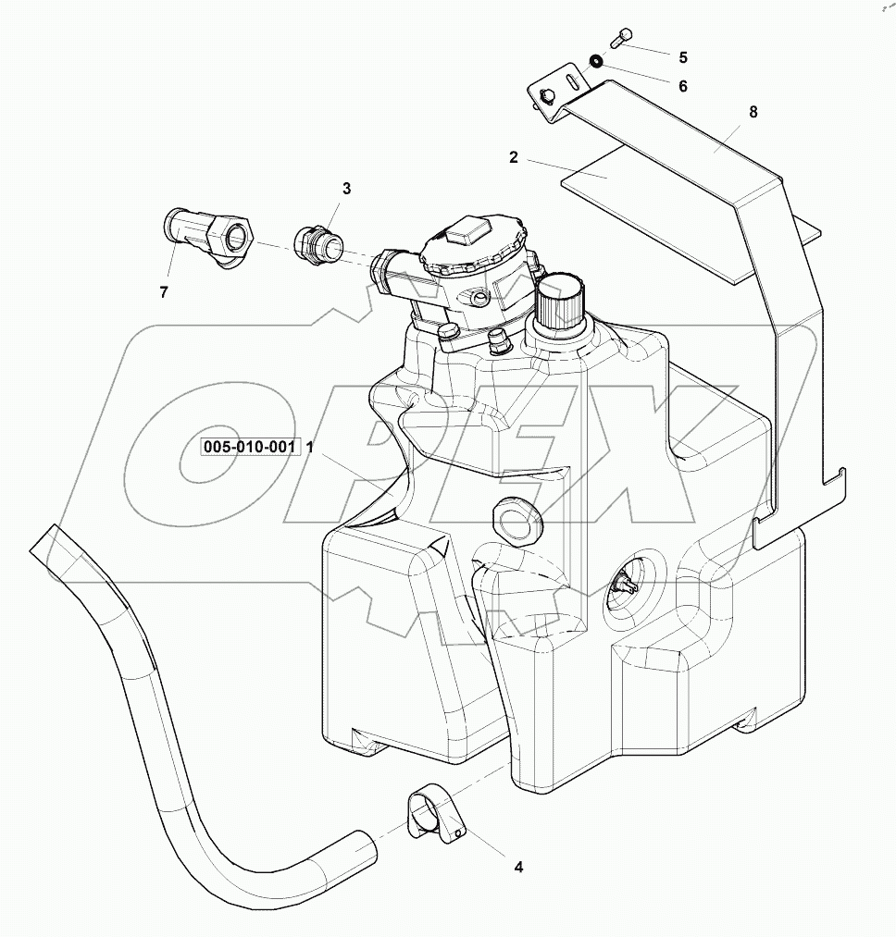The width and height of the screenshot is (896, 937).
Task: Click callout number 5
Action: click(683, 57)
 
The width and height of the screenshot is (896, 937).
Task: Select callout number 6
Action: click(683, 86)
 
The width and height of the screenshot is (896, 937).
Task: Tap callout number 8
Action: click(753, 112)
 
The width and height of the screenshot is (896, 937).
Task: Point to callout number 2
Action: click(513, 157)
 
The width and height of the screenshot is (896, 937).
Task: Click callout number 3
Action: click(347, 189)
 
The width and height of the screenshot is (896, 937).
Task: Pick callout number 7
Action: click(164, 293)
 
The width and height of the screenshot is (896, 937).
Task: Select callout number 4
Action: click(518, 867)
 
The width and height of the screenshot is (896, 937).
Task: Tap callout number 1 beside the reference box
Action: click(311, 447)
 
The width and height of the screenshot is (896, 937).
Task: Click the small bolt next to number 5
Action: click(621, 38)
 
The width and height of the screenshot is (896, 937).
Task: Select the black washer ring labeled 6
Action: click(597, 62)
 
